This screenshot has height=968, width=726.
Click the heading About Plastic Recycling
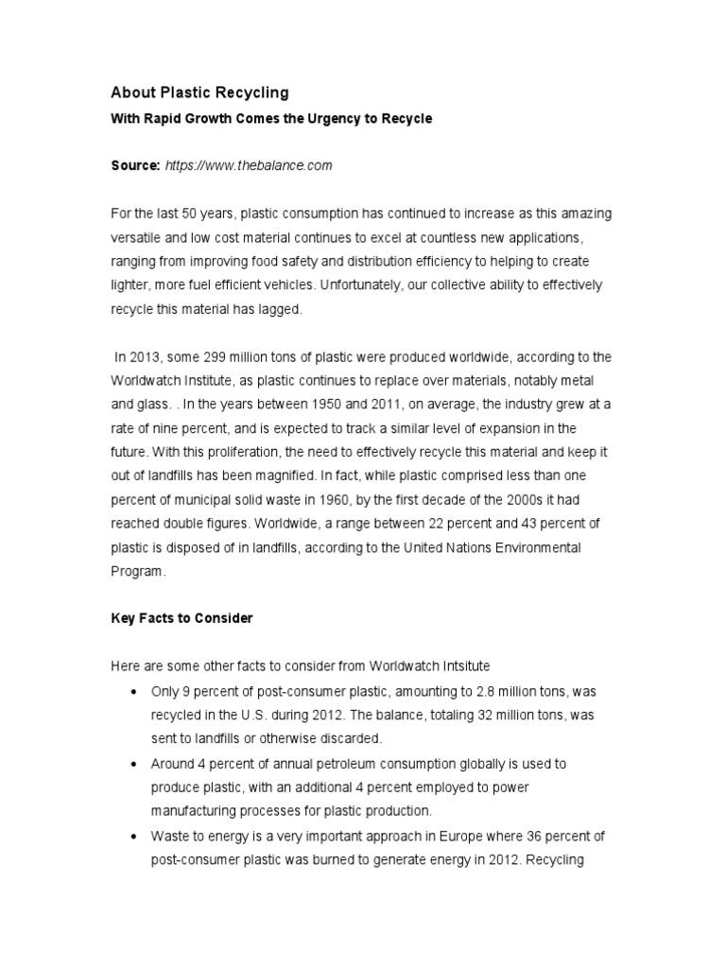199,93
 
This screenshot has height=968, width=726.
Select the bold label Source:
135,165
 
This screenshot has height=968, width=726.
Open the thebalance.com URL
249,165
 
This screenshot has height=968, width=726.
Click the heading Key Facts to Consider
181,618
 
